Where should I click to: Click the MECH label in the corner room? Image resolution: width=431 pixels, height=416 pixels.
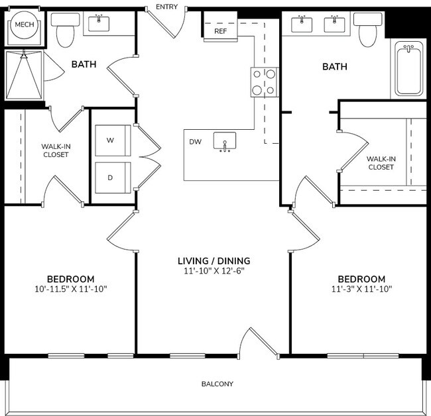[25, 25]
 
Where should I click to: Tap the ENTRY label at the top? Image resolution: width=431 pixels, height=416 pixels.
[166, 7]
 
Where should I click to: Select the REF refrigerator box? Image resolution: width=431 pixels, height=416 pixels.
[221, 30]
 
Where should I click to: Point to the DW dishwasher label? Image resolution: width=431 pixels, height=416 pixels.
[195, 142]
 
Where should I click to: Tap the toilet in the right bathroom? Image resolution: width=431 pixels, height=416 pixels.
[367, 31]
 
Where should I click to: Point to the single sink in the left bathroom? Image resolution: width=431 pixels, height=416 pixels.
[101, 23]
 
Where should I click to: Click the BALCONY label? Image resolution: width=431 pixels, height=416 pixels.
[217, 384]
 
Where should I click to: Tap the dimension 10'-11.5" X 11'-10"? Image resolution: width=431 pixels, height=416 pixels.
[70, 289]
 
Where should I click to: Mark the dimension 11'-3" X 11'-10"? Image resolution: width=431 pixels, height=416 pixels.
[361, 289]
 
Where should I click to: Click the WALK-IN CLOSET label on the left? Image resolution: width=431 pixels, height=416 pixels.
[55, 150]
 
